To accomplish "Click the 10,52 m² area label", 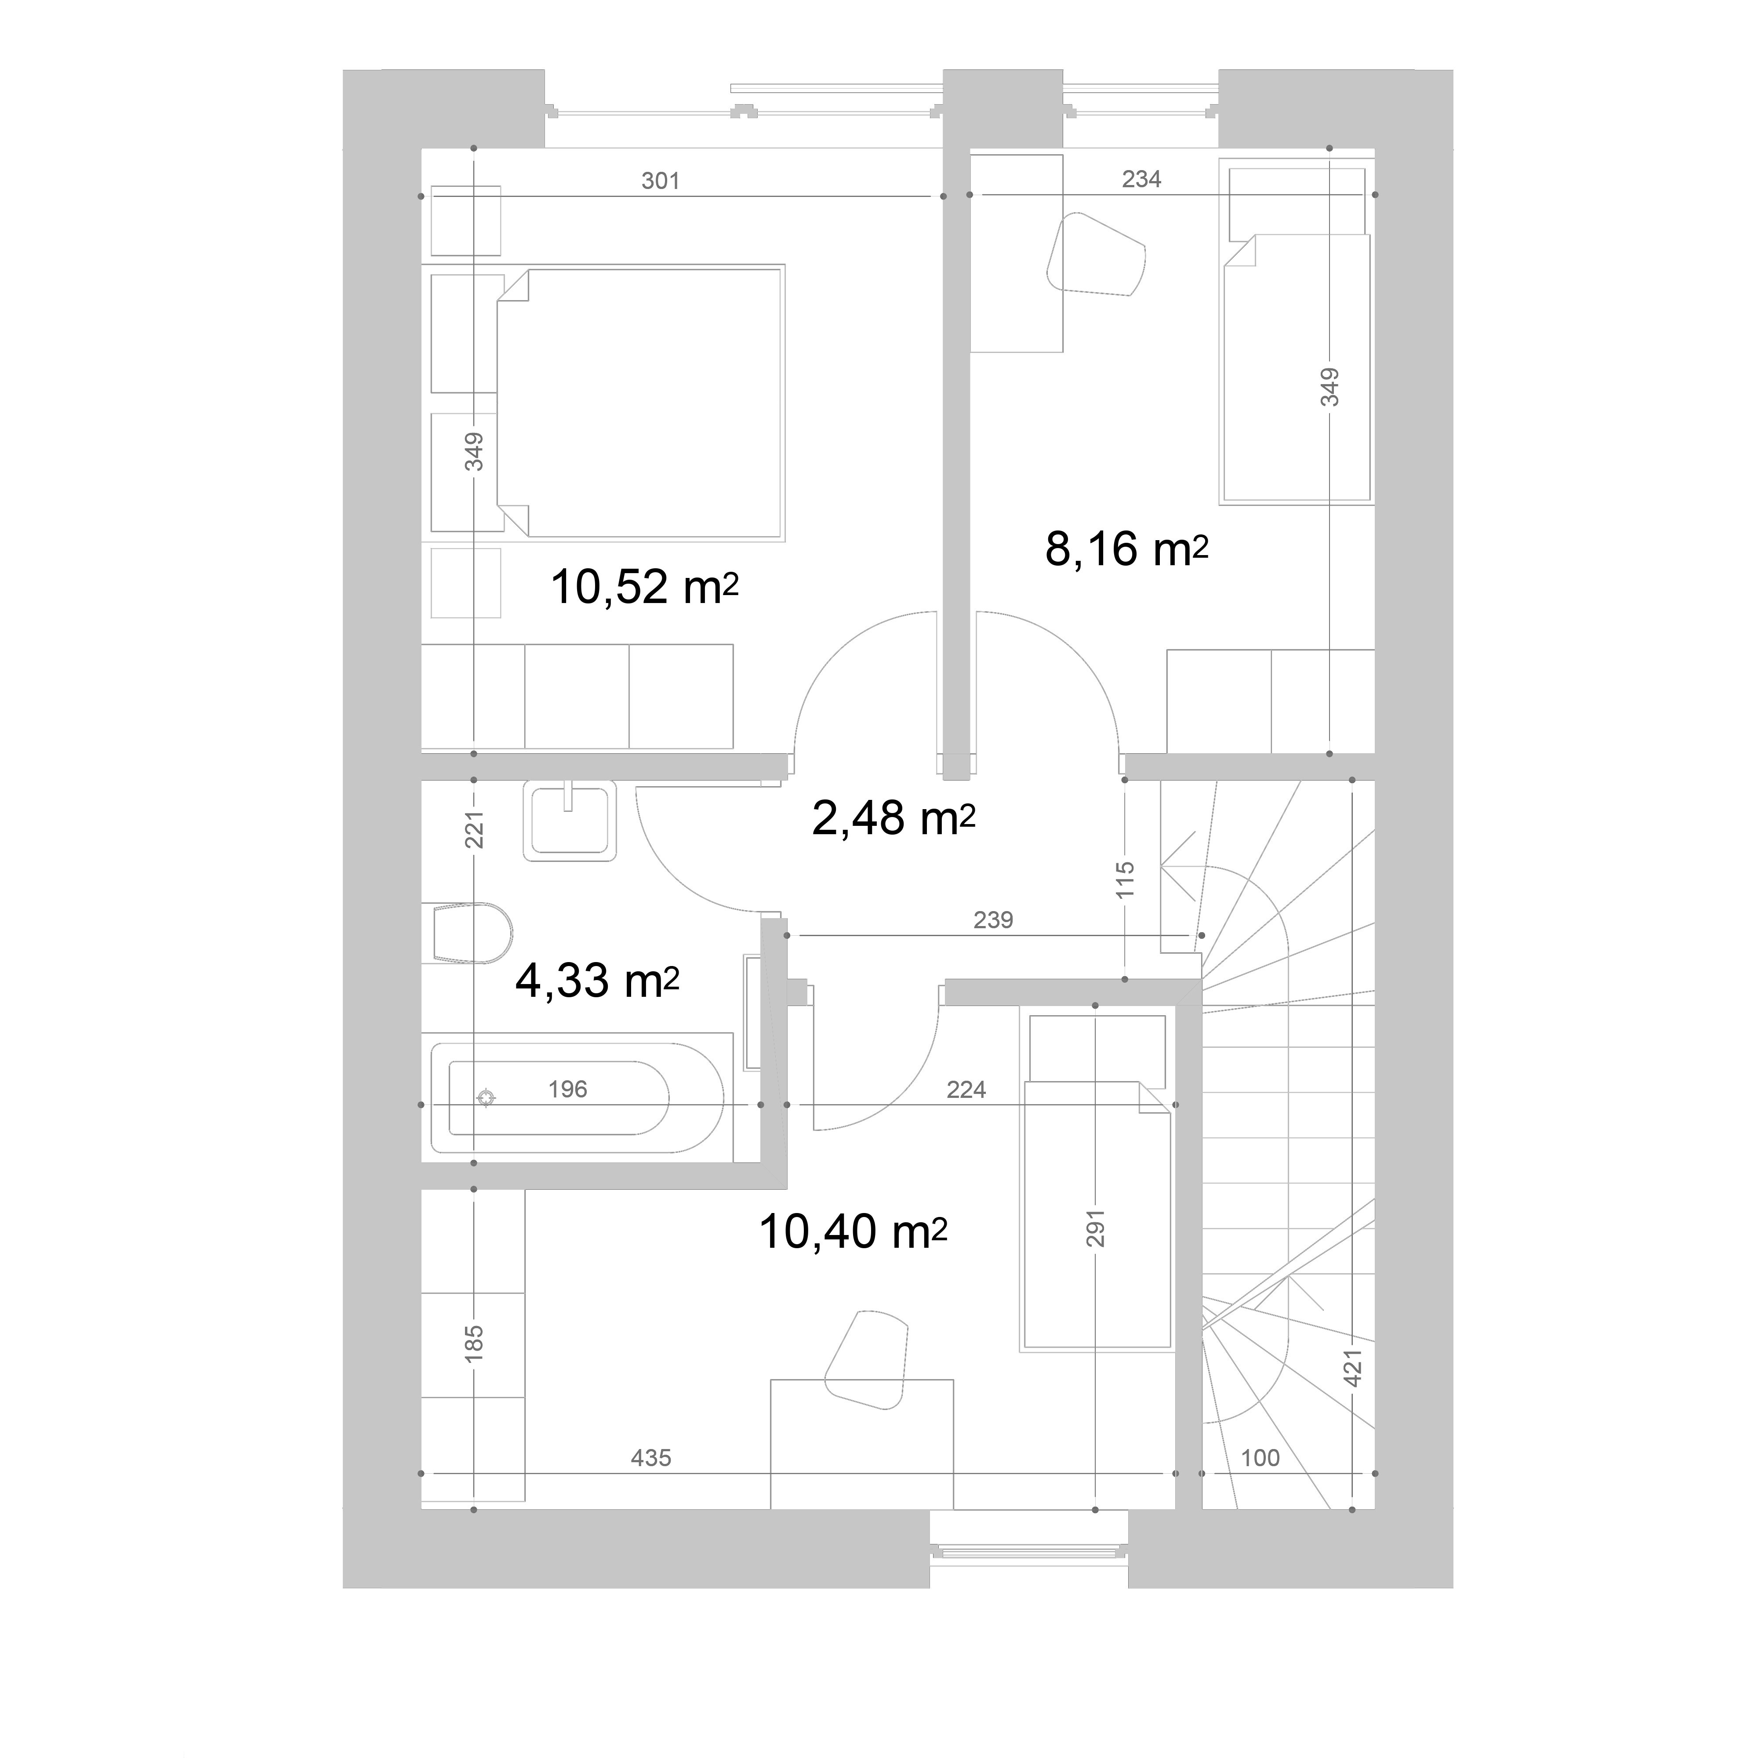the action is [x=644, y=587].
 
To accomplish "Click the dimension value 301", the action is [x=661, y=181].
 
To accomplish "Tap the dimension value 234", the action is [x=1141, y=179].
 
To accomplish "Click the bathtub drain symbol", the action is [x=487, y=1098].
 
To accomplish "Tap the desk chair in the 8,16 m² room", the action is [x=1096, y=254].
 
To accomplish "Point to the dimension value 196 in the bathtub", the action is [x=568, y=1089].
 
